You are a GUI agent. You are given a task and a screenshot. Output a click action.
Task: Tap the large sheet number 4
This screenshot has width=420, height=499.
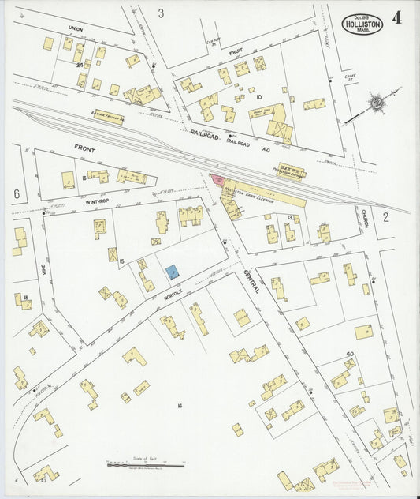[x=396, y=18]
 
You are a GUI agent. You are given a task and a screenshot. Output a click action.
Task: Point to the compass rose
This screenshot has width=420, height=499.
[x=377, y=102]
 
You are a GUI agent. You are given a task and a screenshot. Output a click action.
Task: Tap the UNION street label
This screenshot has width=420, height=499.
[x=75, y=29]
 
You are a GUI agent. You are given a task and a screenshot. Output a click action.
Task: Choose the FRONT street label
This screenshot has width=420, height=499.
[x=84, y=148]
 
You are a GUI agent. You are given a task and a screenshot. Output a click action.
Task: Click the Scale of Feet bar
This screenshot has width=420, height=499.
[x=145, y=465]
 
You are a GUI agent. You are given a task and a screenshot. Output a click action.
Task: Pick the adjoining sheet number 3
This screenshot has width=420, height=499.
[x=161, y=13]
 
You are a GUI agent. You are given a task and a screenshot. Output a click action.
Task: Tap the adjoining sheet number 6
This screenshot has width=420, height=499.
[x=17, y=193]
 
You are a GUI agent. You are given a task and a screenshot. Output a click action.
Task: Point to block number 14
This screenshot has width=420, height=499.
[x=180, y=406]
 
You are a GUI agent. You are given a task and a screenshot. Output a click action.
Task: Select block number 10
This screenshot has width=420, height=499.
[x=258, y=96]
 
